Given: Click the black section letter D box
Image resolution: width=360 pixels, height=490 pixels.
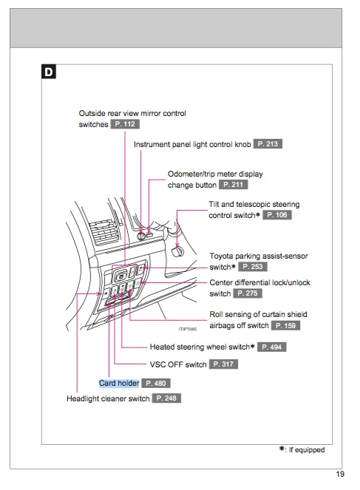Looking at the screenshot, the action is pos(49,72).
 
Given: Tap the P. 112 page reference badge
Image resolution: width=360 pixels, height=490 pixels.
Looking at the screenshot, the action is pos(125,124).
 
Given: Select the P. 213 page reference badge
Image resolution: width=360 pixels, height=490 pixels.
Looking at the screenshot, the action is pos(268,144).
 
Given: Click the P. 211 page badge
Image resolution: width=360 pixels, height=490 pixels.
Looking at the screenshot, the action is pos(233,184).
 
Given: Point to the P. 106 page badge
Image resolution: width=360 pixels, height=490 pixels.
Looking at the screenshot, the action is pos(277,215).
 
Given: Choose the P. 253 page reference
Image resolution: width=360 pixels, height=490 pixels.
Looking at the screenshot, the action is pos(253,267).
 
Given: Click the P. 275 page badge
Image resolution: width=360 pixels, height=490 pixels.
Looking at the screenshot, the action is pos(248,293).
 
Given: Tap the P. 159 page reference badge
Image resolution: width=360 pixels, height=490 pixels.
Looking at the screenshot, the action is pos(285,326).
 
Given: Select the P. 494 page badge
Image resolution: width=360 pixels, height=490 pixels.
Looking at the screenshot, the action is pos(272,347).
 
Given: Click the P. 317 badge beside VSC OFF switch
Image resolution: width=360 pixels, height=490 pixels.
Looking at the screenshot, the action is pos(223,364).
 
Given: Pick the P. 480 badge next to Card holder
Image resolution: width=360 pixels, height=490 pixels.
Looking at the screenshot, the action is pos(156,383).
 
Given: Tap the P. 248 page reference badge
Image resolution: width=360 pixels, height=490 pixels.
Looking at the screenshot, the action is pos(166,398).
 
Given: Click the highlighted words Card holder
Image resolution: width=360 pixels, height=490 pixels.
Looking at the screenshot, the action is pos(119,383).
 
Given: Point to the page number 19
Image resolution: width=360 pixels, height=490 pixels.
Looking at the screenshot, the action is pos(340,474).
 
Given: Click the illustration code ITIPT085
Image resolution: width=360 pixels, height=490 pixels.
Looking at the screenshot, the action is pos(188,329).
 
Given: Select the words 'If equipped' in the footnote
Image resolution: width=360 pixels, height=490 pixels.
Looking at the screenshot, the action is pos(307,449).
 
